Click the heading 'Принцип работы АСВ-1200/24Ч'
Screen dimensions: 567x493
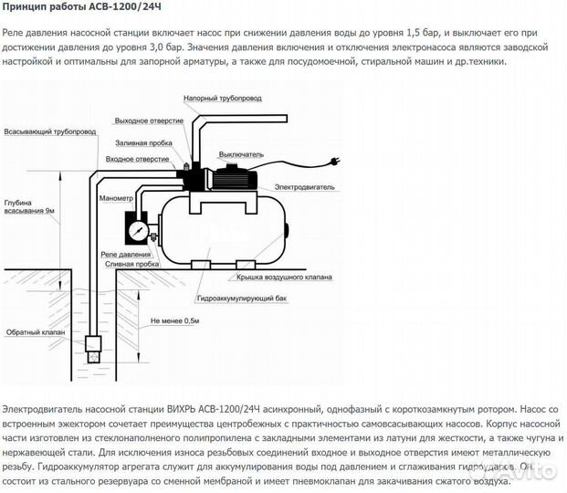click(82, 7)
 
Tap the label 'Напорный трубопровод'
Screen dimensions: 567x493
click(223, 99)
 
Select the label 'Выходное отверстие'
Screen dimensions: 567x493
click(149, 121)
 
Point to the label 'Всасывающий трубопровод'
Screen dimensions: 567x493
click(50, 131)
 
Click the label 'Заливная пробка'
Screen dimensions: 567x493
click(143, 143)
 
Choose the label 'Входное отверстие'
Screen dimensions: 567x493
click(137, 159)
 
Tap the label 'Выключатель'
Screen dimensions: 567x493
click(241, 155)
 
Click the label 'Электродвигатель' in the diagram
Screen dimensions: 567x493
click(304, 187)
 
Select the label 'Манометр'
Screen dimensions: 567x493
click(116, 199)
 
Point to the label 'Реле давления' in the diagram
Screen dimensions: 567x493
click(125, 255)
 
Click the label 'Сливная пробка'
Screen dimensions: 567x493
click(132, 265)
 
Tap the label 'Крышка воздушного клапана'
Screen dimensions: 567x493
click(284, 278)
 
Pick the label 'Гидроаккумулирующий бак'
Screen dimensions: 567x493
click(242, 299)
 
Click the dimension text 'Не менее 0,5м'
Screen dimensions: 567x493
click(174, 320)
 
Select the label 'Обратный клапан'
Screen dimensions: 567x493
click(36, 332)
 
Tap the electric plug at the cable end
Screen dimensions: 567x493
click(334, 162)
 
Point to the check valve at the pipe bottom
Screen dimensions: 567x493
click(93, 349)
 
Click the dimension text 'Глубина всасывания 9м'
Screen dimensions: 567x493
click(29, 207)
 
